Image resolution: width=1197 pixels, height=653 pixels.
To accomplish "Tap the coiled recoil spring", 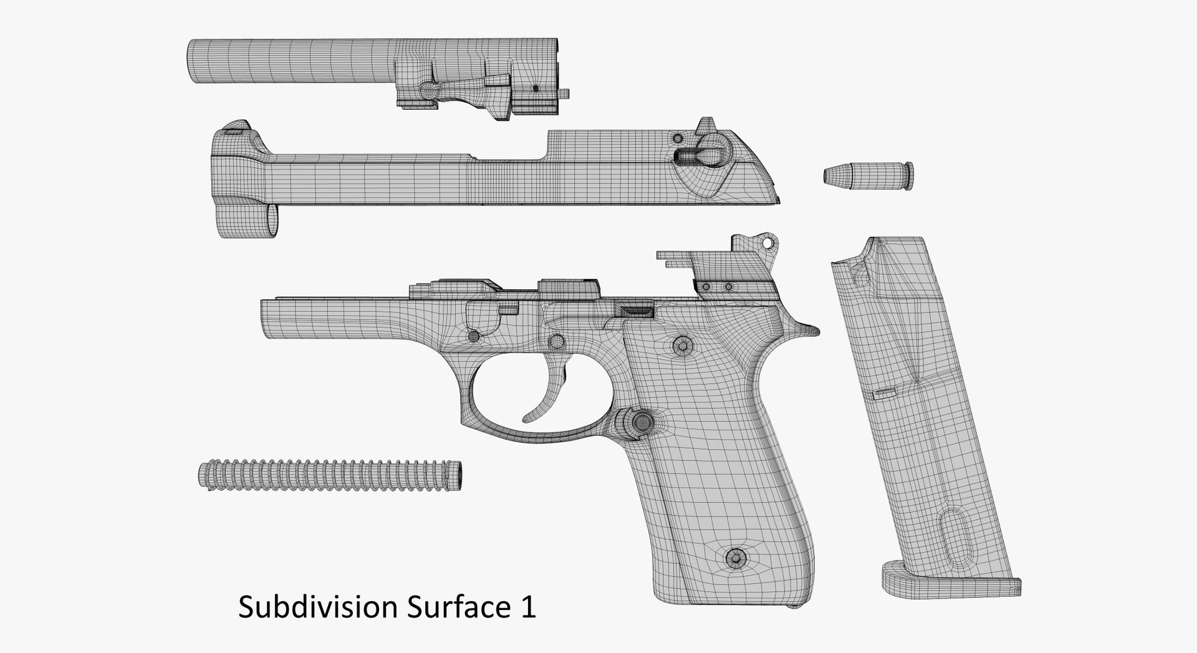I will click(x=331, y=475).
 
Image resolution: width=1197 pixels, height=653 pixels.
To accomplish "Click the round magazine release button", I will click(x=640, y=422).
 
